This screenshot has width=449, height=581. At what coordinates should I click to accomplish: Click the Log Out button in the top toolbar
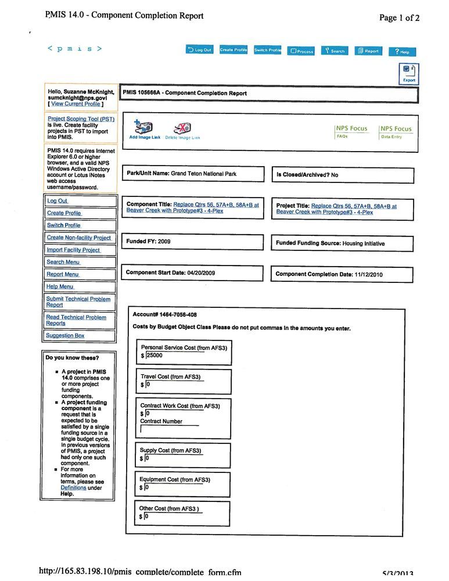[x=200, y=50]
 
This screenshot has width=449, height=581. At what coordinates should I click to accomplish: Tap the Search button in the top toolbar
[x=335, y=51]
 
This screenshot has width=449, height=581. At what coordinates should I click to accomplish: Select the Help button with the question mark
[x=402, y=51]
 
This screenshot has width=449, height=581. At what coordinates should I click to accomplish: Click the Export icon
[x=409, y=74]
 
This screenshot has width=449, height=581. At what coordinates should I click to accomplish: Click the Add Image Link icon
[x=145, y=130]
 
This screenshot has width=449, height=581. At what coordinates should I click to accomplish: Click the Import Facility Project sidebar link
[x=73, y=250]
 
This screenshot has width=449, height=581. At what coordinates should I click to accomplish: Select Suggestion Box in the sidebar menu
[x=65, y=336]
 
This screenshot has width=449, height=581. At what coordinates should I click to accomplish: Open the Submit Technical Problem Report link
[x=78, y=302]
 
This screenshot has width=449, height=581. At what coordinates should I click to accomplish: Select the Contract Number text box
[x=170, y=430]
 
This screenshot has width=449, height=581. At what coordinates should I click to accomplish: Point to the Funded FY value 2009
[x=164, y=241]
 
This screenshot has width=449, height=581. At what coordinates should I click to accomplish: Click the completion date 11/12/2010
[x=368, y=274]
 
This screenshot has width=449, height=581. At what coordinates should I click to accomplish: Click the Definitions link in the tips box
[x=73, y=488]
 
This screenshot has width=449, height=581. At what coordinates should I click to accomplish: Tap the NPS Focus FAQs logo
[x=351, y=131]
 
